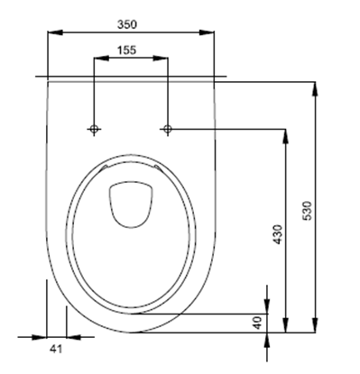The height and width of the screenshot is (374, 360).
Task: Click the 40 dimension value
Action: coord(257,321)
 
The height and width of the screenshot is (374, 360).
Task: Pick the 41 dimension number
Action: coord(56,347)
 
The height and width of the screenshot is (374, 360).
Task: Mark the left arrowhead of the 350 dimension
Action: coord(51,32)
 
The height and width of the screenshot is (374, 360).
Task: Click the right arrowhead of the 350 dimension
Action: coord(210,32)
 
